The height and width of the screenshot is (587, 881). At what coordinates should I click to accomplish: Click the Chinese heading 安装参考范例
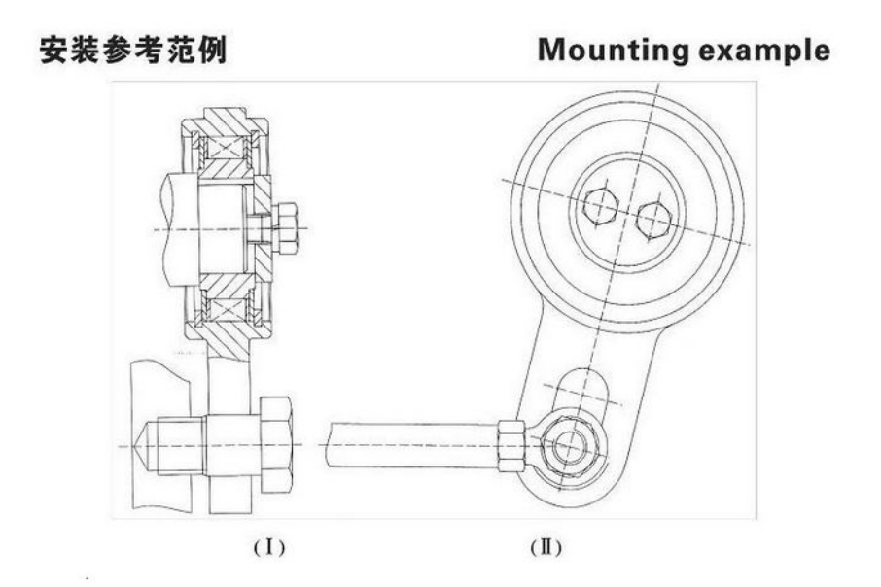coord(132,50)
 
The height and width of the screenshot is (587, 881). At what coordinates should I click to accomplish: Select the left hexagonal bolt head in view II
coord(600,206)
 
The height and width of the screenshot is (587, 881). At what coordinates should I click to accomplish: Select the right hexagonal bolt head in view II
coord(653,222)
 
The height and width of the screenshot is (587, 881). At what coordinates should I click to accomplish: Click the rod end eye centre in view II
coord(568,447)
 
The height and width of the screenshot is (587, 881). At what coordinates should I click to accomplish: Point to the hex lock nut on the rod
coord(511,445)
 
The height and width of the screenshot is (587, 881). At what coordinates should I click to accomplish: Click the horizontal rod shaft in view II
coord(408,444)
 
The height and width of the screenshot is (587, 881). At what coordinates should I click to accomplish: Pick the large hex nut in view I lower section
coord(276,446)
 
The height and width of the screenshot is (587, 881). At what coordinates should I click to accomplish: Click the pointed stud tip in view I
coord(144,446)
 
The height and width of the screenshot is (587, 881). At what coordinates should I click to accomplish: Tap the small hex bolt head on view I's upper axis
coord(285,228)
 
